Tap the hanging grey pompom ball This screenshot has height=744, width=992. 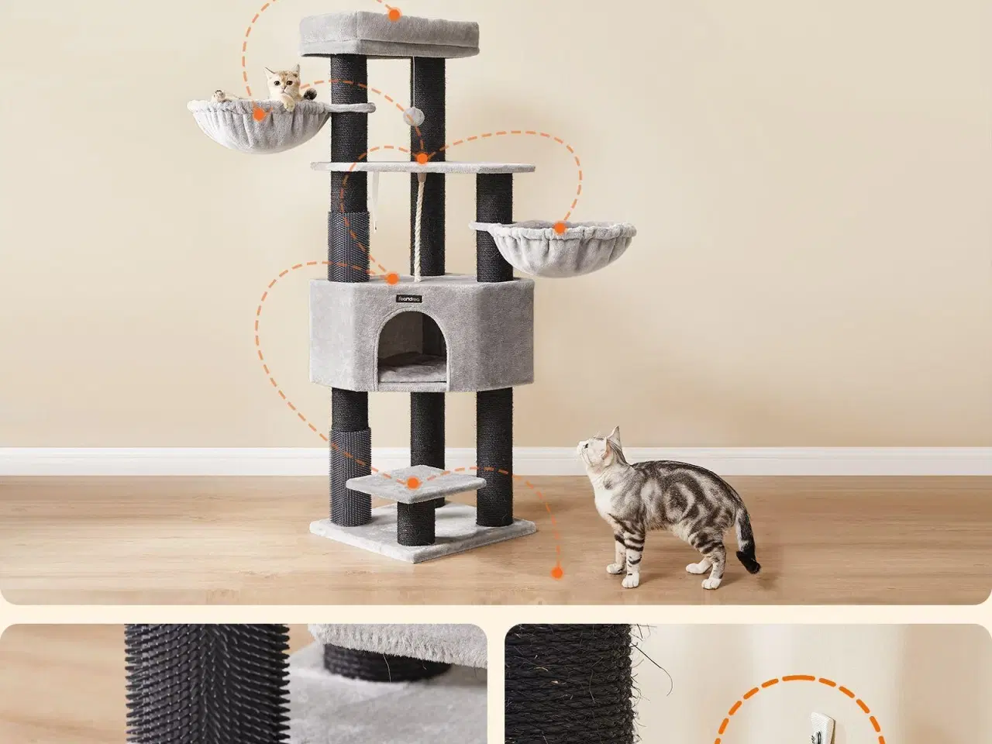[x=412, y=116]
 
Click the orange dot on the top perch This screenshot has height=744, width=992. [x=394, y=14]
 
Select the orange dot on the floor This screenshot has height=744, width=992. [x=556, y=573]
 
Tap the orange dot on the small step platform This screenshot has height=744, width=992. [x=413, y=484]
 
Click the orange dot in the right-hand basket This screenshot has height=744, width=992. [x=559, y=228]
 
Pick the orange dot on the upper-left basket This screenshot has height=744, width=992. [x=260, y=114]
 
